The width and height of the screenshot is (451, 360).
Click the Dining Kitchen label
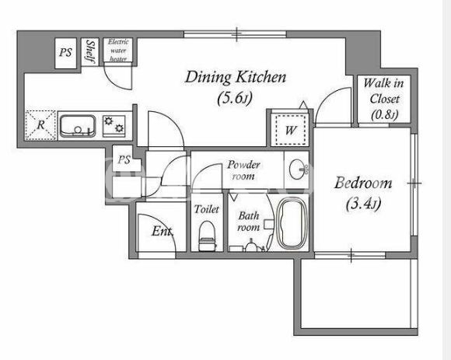coord(236,77)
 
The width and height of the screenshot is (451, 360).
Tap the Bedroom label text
coord(363,183)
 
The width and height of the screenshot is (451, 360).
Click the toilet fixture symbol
coord(207,236)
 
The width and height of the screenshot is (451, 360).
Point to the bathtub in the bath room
coord(291,223)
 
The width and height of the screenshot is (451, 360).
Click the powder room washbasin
coord(297,170)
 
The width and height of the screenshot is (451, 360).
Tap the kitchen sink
coord(78,126)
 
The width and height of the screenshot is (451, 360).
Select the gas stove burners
coord(114,124)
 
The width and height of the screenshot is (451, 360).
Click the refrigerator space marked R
coord(40,125)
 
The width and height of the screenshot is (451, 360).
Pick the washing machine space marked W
coord(290,130)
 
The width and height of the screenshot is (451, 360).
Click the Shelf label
coord(90,52)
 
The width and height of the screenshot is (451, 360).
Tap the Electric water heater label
coord(118,51)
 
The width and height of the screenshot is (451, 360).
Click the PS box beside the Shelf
coord(65,54)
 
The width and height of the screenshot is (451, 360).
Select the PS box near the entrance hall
coord(124,159)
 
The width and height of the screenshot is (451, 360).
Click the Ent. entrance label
coord(163,231)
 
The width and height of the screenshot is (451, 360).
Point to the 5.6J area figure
coord(235,98)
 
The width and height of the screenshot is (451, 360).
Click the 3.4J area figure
coord(364,204)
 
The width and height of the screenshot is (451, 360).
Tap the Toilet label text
coord(207,209)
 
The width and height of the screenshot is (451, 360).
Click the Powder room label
coord(243,170)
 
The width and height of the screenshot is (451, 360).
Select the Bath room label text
coord(249,222)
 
